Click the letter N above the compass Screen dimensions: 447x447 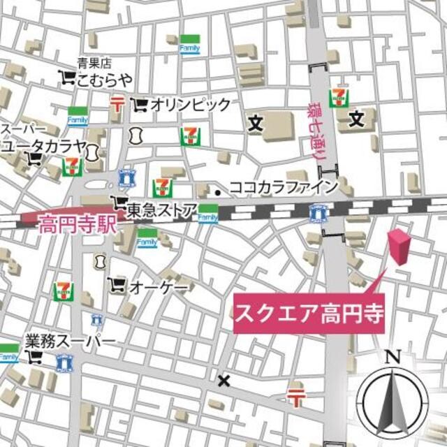(393, 358)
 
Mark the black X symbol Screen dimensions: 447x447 (223, 381)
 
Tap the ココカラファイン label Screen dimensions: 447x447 (284, 186)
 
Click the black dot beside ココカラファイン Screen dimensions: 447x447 (219, 191)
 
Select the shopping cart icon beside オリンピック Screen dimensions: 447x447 (140, 105)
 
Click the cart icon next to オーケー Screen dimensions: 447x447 (117, 285)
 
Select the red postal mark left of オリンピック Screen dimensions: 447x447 (117, 105)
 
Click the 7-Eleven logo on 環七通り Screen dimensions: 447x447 (339, 97)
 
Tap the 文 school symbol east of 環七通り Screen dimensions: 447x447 (357, 119)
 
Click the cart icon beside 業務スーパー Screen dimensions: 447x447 (34, 358)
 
